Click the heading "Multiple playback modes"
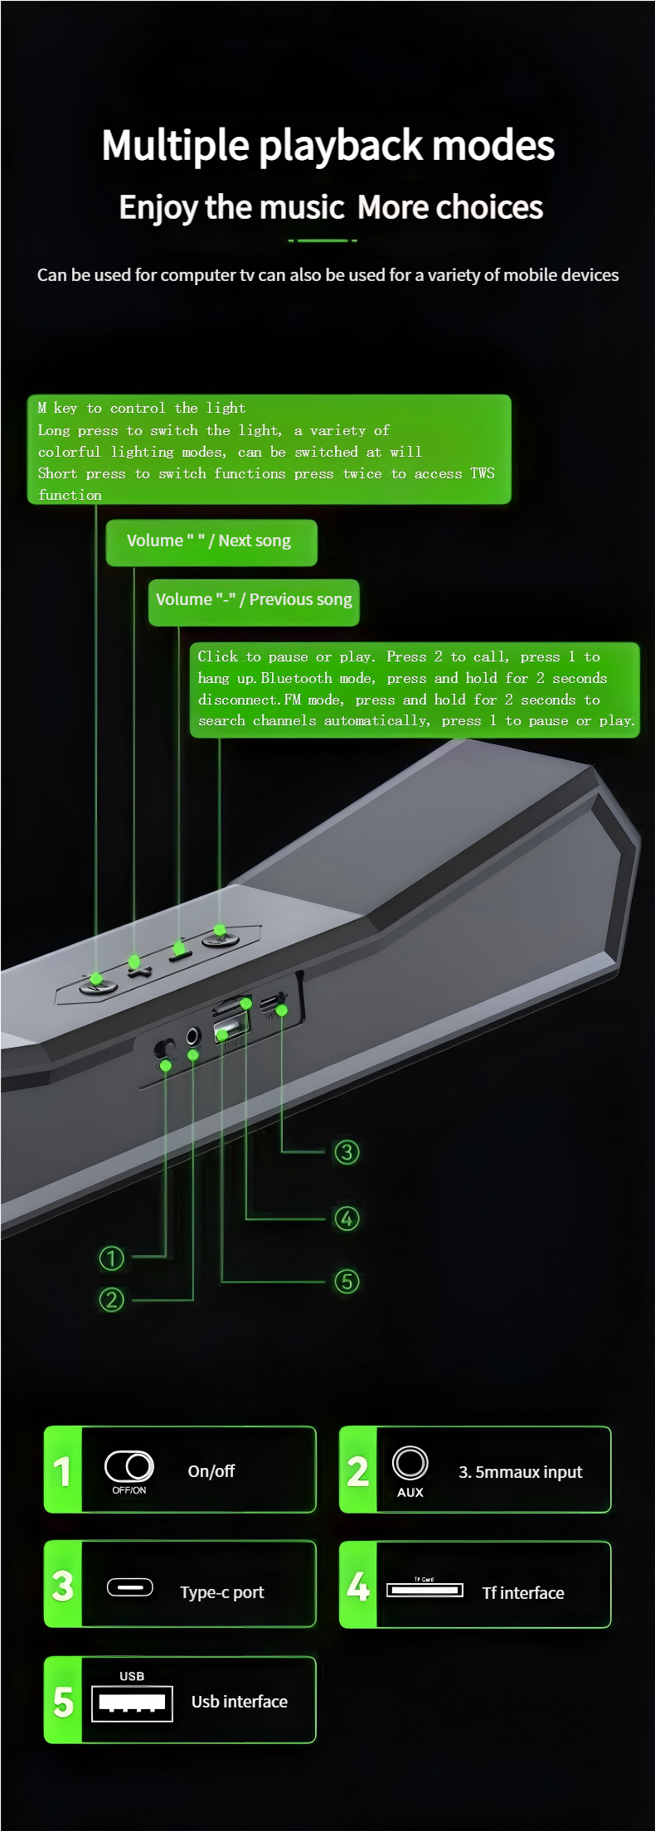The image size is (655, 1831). pos(327,145)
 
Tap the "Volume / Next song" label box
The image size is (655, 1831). pos(211,542)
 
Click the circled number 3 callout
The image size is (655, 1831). pos(347,1151)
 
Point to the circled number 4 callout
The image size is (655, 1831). pos(347,1218)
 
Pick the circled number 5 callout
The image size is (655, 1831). pos(347,1281)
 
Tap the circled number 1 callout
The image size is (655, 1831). pos(111,1258)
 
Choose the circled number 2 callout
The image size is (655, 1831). pos(111,1299)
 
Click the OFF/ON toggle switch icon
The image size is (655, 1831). pos(129,1466)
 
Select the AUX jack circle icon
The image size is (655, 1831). pos(410,1462)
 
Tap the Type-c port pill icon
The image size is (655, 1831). pos(130,1587)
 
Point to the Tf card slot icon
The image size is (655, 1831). pos(425,1589)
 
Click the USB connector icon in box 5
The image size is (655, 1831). pos(132,1703)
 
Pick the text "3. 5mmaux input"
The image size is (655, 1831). pos(520,1472)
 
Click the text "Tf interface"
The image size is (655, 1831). pos(523,1592)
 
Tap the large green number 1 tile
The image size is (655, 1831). pos(63,1470)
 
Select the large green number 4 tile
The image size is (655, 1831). pos(358,1585)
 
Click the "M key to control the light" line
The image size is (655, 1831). pos(142,408)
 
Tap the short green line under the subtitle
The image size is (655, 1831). pos(323,240)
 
